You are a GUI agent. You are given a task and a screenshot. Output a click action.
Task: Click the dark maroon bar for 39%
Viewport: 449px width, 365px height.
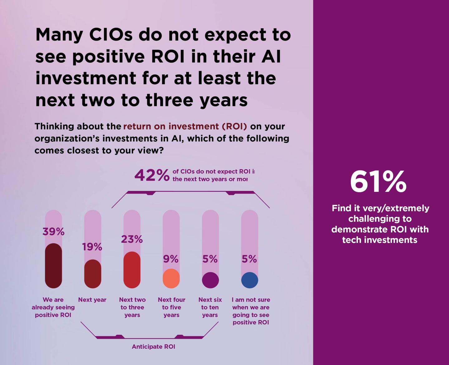point(53,265)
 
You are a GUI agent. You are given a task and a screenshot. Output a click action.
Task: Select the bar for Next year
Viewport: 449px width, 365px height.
point(93,274)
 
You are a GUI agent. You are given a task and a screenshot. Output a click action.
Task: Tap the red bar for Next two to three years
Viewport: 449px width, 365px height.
point(132,270)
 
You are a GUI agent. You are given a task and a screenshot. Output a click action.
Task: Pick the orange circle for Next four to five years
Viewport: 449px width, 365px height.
point(171,278)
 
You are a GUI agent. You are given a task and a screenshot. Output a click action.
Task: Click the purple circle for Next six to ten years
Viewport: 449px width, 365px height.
point(210,280)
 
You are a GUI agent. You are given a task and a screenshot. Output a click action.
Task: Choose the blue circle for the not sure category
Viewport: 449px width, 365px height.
point(250,280)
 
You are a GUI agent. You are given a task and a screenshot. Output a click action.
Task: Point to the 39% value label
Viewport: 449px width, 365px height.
point(53,232)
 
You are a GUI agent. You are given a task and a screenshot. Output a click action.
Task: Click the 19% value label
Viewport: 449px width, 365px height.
point(92,247)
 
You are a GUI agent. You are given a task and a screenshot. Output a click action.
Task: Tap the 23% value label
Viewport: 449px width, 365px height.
point(132,239)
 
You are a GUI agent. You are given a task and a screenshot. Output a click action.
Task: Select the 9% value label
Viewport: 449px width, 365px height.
point(171,259)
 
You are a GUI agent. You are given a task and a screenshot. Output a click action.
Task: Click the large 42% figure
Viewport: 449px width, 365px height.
point(152,176)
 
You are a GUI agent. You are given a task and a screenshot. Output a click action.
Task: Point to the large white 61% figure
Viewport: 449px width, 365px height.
point(378,182)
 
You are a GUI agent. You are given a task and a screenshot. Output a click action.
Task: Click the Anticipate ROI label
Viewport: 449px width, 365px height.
point(153,347)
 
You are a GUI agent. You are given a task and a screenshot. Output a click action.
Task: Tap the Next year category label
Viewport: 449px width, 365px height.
point(92,300)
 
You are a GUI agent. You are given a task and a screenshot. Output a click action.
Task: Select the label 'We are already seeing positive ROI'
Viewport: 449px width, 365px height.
point(53,307)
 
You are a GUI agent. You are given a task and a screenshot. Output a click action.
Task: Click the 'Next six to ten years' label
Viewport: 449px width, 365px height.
point(210,307)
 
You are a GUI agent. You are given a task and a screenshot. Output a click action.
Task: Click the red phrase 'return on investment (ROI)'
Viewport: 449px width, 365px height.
point(185,126)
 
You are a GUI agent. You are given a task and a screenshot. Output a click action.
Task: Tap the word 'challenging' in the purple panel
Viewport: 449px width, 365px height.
point(380,219)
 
